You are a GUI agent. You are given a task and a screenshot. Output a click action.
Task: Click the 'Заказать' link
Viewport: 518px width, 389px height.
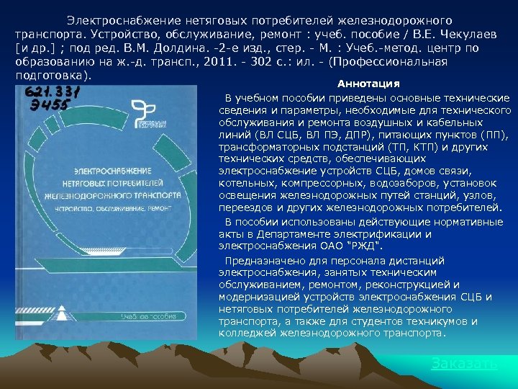[463, 363]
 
